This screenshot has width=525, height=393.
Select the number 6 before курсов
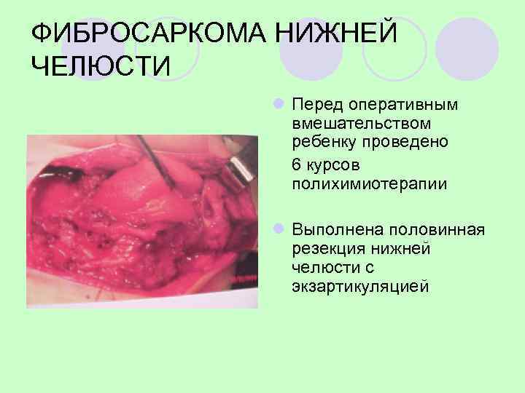pos(296,165)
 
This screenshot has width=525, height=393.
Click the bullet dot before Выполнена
pos(280,230)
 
